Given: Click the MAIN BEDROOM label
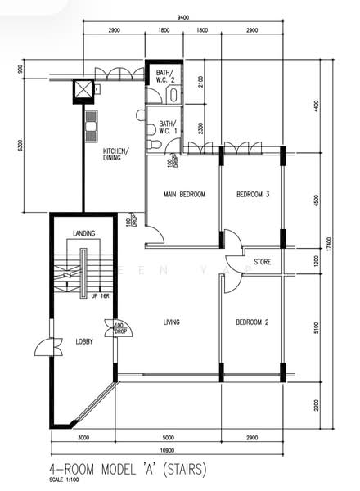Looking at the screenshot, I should click(x=184, y=194).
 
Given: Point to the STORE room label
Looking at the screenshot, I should click(x=262, y=263).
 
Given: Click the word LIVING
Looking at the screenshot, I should click(x=171, y=322).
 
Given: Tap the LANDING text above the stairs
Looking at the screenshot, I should click(x=84, y=234).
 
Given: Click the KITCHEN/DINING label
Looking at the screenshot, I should click(x=112, y=154).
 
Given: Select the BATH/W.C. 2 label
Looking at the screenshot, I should click(x=164, y=77).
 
